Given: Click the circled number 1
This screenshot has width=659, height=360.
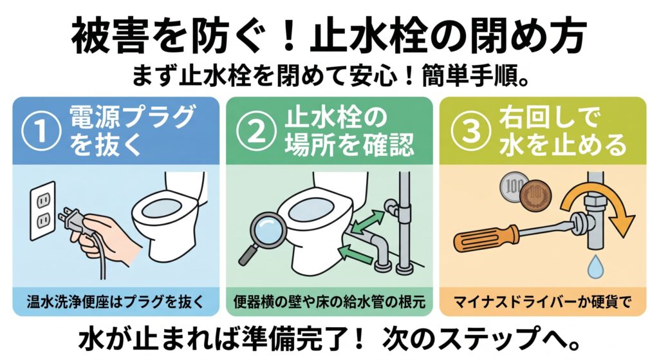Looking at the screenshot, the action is tap(41, 131).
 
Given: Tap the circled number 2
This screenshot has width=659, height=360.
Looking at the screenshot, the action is tap(256, 131).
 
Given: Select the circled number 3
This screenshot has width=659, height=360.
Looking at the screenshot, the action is tap(471, 131).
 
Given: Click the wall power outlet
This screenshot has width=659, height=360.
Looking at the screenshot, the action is tap(43, 211).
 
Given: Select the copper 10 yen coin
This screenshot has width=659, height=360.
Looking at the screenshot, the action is tap(535, 195).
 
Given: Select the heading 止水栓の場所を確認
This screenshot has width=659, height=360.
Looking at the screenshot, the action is tap(349, 131).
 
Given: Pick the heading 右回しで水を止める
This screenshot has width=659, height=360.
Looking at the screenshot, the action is tap(562, 131).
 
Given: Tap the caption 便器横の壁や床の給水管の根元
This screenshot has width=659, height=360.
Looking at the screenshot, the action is tap(329, 301).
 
